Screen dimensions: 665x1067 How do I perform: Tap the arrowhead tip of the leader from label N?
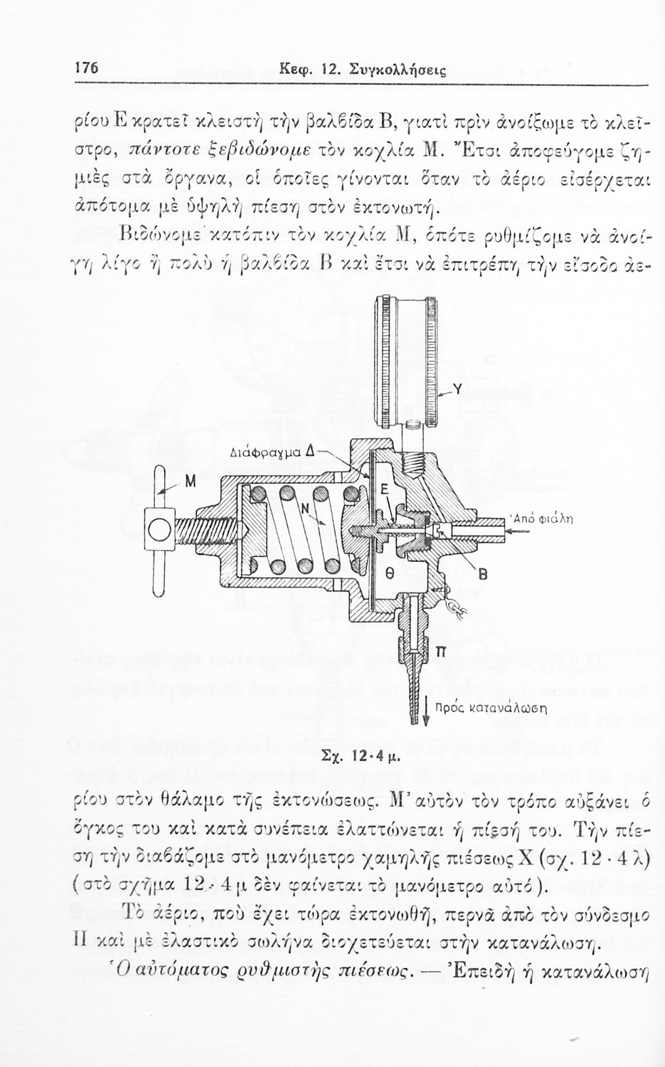[327, 526]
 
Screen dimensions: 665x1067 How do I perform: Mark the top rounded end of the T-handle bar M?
[159, 469]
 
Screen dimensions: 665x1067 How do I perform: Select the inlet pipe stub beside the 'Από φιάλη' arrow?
[482, 529]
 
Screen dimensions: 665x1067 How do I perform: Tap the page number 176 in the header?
[86, 68]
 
